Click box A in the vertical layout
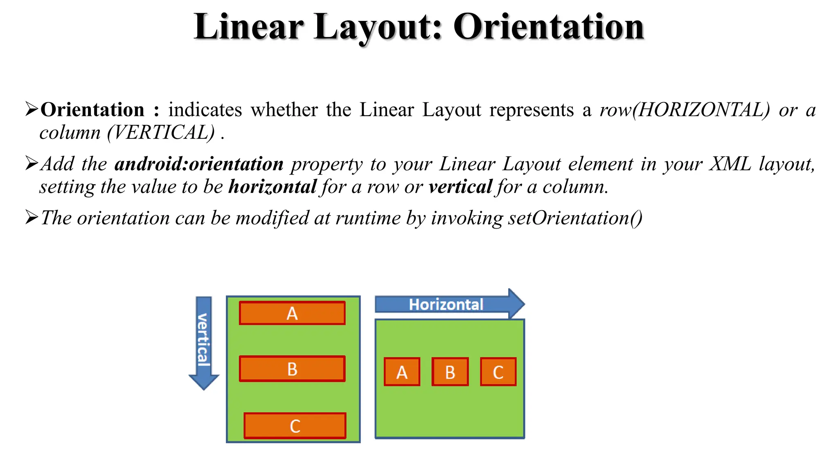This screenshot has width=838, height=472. (x=292, y=313)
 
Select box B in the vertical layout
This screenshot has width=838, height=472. (x=292, y=369)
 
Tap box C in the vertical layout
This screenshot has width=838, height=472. (x=295, y=426)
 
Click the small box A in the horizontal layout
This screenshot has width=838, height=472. (x=402, y=372)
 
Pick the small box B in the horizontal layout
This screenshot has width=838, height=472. (x=450, y=372)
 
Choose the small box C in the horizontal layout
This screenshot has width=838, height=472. (x=498, y=372)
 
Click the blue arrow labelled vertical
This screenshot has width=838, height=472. (x=204, y=342)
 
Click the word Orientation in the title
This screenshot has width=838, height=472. (x=548, y=27)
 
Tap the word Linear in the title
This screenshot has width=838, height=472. (x=249, y=27)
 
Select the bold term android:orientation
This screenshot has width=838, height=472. (x=199, y=164)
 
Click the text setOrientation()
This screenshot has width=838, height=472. (x=575, y=218)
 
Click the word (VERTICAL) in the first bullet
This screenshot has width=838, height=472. (x=161, y=132)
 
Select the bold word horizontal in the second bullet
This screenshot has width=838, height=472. (x=273, y=187)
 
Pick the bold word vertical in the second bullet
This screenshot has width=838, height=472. (x=460, y=187)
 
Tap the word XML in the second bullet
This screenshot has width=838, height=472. (x=730, y=164)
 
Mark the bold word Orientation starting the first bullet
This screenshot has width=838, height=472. (x=92, y=110)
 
